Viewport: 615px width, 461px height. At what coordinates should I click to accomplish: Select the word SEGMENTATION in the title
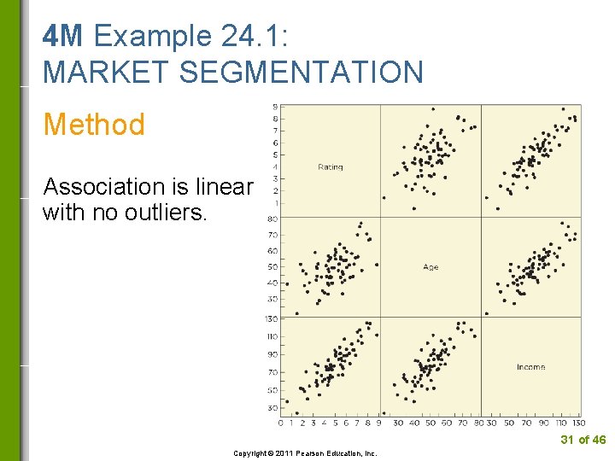click(x=304, y=72)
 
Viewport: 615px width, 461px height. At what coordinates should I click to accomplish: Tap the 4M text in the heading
click(x=63, y=36)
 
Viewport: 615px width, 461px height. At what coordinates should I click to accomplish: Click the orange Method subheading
click(x=94, y=125)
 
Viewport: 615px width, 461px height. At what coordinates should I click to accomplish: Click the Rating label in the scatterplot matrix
click(x=330, y=166)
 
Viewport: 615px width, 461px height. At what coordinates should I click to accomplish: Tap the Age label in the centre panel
click(x=430, y=267)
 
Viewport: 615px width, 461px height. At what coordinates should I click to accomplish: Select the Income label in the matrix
click(x=530, y=367)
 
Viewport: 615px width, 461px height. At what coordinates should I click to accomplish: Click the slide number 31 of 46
click(x=583, y=440)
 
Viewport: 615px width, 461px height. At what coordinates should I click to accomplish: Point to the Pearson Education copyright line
click(x=305, y=453)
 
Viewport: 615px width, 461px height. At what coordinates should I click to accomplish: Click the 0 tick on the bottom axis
click(x=281, y=423)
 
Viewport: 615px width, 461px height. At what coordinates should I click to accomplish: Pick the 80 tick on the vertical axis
click(x=272, y=219)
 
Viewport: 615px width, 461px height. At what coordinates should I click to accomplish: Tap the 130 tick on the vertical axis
click(x=271, y=318)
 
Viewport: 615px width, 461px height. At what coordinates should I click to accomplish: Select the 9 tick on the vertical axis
click(x=274, y=106)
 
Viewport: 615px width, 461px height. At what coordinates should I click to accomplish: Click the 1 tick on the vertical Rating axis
click(x=274, y=203)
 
